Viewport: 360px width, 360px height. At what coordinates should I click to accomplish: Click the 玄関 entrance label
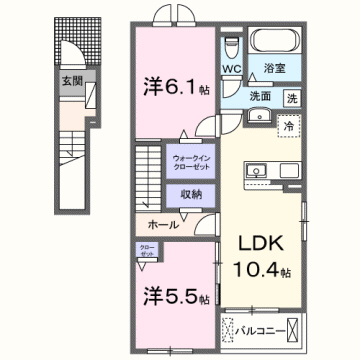(x=72, y=82)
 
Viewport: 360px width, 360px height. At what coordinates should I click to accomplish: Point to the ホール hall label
(x=165, y=225)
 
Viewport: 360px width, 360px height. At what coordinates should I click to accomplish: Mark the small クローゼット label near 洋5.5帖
(x=145, y=254)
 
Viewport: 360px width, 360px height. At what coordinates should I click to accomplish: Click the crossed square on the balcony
(x=291, y=328)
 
